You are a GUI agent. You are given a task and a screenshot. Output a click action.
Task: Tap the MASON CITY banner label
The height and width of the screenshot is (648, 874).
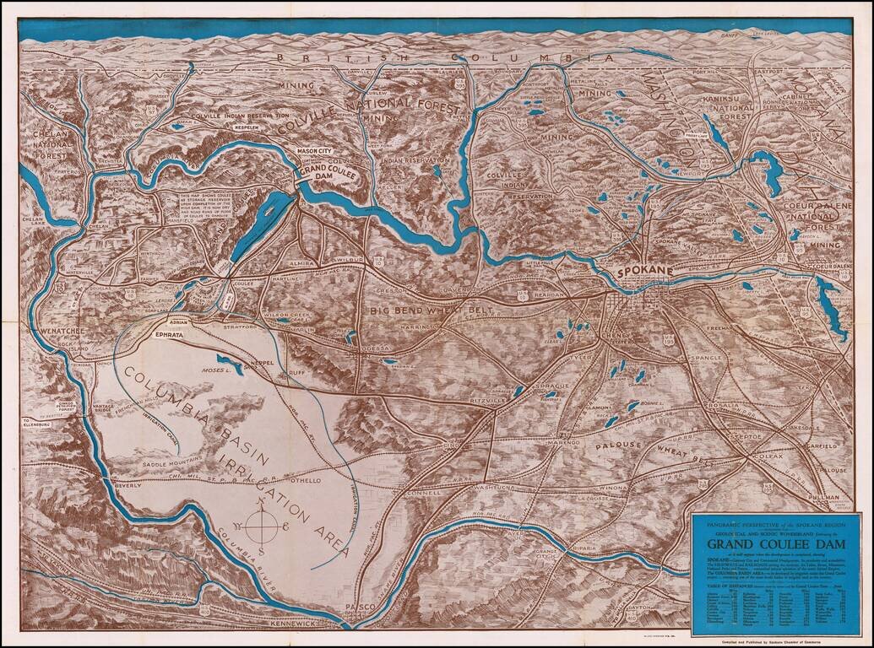pos(314,151)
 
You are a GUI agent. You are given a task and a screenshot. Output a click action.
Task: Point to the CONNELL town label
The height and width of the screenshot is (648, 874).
pos(423,491)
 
